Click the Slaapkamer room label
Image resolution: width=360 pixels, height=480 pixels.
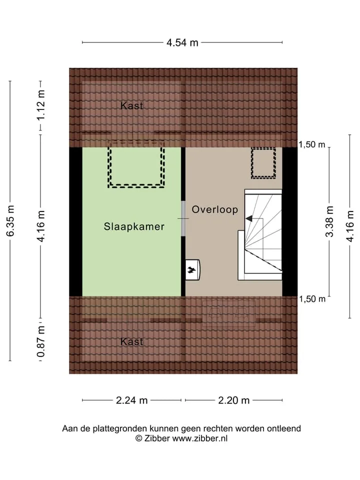point(134,226)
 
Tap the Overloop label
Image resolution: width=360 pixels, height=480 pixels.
point(215,209)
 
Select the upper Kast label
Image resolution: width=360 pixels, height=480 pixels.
point(131,105)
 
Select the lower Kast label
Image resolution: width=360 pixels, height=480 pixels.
point(131,341)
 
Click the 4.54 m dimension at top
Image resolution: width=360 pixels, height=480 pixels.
point(182,42)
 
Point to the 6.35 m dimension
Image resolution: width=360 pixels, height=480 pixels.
point(10,221)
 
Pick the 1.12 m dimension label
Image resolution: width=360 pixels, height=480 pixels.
point(40,105)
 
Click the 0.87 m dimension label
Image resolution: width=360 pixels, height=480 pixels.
point(40,341)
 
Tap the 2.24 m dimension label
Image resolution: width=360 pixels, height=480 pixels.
point(131,400)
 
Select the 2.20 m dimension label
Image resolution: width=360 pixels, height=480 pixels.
point(234,400)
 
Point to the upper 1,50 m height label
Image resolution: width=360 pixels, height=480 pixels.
point(312,144)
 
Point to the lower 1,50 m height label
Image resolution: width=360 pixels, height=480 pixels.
point(312,299)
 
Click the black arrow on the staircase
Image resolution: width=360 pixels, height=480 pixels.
point(249,218)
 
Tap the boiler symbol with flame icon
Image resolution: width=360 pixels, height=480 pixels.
point(192,269)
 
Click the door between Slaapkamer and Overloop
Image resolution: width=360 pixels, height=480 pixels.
point(183,218)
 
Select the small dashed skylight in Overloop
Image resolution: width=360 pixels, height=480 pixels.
point(263,163)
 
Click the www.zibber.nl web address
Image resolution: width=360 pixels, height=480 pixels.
point(200,438)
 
